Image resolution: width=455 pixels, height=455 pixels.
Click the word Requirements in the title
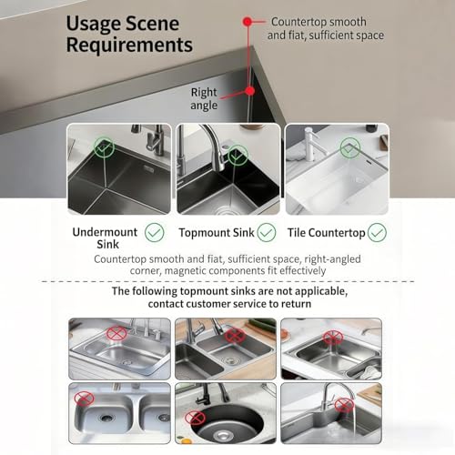[128, 45]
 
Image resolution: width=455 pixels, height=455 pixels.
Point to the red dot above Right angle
[249, 90]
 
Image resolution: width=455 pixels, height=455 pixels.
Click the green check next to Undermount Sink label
[154, 233]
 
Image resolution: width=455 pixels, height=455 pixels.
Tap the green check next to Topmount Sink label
[266, 233]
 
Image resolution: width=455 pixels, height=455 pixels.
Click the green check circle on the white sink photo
[349, 146]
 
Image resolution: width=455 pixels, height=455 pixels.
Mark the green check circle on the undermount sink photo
[105, 145]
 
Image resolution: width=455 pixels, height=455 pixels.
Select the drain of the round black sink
[221, 437]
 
